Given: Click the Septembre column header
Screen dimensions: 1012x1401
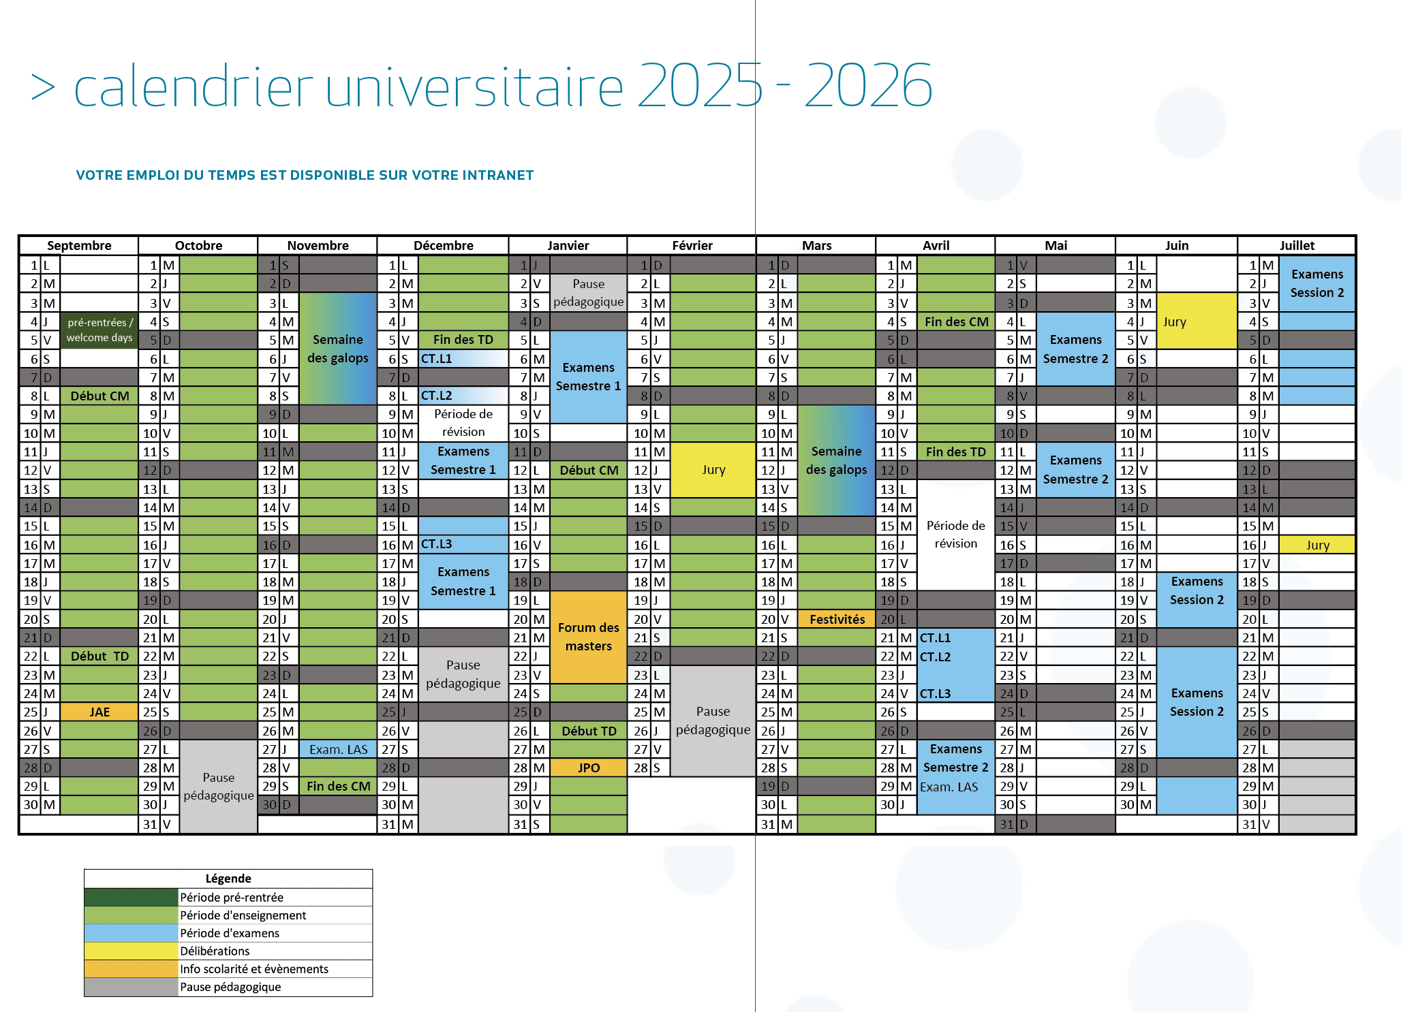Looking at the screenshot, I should click(79, 246).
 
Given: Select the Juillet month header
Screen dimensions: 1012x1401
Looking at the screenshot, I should click(1296, 246).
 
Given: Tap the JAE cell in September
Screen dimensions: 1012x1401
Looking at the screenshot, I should click(99, 712).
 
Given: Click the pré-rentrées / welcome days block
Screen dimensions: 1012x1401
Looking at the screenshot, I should click(99, 330).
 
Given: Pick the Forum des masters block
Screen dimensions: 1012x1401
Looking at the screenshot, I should click(588, 637).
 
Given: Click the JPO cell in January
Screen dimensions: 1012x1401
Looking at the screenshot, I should click(588, 768).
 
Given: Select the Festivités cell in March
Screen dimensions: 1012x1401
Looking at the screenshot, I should click(836, 619).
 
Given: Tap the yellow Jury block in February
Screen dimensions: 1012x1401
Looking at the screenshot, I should click(713, 470).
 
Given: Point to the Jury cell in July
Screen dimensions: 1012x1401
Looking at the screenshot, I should click(1317, 545).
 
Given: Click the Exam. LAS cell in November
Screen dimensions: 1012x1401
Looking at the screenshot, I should click(338, 749).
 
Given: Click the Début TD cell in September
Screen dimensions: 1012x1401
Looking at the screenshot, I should click(99, 656).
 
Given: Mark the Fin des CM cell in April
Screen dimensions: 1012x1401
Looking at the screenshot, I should click(956, 321).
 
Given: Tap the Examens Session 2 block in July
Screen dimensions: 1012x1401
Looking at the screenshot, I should click(1317, 283).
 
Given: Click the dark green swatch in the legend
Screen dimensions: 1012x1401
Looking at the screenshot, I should click(131, 897).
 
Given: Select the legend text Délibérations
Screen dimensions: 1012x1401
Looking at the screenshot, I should click(215, 951).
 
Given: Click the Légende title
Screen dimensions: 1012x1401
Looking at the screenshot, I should click(228, 879).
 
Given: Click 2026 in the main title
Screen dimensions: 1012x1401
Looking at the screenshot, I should click(867, 86).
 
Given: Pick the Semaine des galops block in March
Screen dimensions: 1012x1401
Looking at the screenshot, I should click(836, 460).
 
